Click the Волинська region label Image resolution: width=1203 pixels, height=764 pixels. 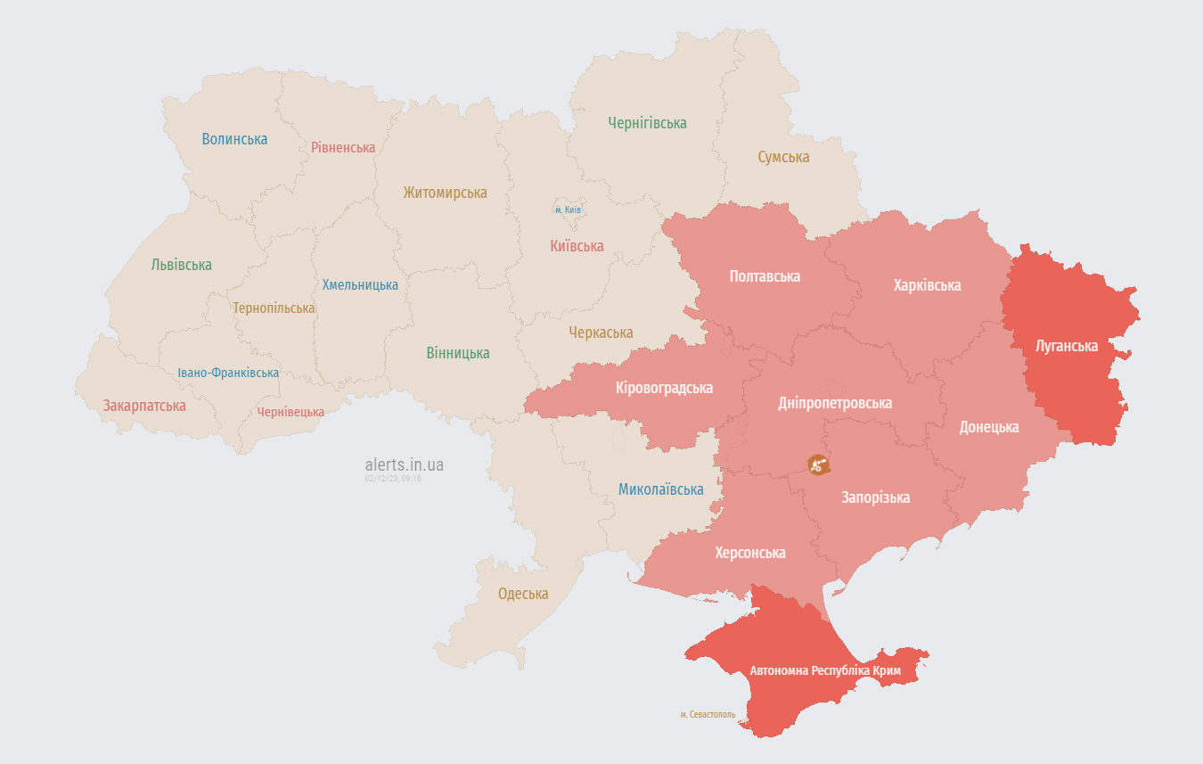234,139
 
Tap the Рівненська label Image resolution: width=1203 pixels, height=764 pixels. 343,147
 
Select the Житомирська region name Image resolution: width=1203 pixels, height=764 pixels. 445,193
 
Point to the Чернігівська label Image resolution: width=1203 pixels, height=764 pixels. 647,123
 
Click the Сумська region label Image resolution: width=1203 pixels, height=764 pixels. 783,157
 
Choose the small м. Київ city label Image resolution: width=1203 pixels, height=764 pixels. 568,209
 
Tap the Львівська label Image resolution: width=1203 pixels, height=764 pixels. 181,265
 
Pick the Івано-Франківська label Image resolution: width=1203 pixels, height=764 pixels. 228,373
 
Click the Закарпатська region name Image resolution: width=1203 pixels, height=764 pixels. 144,406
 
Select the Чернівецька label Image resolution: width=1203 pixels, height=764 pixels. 291,412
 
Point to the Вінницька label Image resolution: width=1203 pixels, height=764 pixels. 457,353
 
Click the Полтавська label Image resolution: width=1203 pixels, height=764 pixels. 765,276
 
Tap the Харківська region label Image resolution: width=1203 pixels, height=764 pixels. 927,285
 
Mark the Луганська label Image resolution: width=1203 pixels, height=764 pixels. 1066,346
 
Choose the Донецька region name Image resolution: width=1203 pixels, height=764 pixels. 988,427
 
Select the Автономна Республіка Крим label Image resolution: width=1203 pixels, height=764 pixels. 825,670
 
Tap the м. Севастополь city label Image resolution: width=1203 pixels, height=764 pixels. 708,715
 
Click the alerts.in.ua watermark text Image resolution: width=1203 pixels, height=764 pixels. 404,464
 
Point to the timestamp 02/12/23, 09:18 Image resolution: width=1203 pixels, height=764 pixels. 392,479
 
